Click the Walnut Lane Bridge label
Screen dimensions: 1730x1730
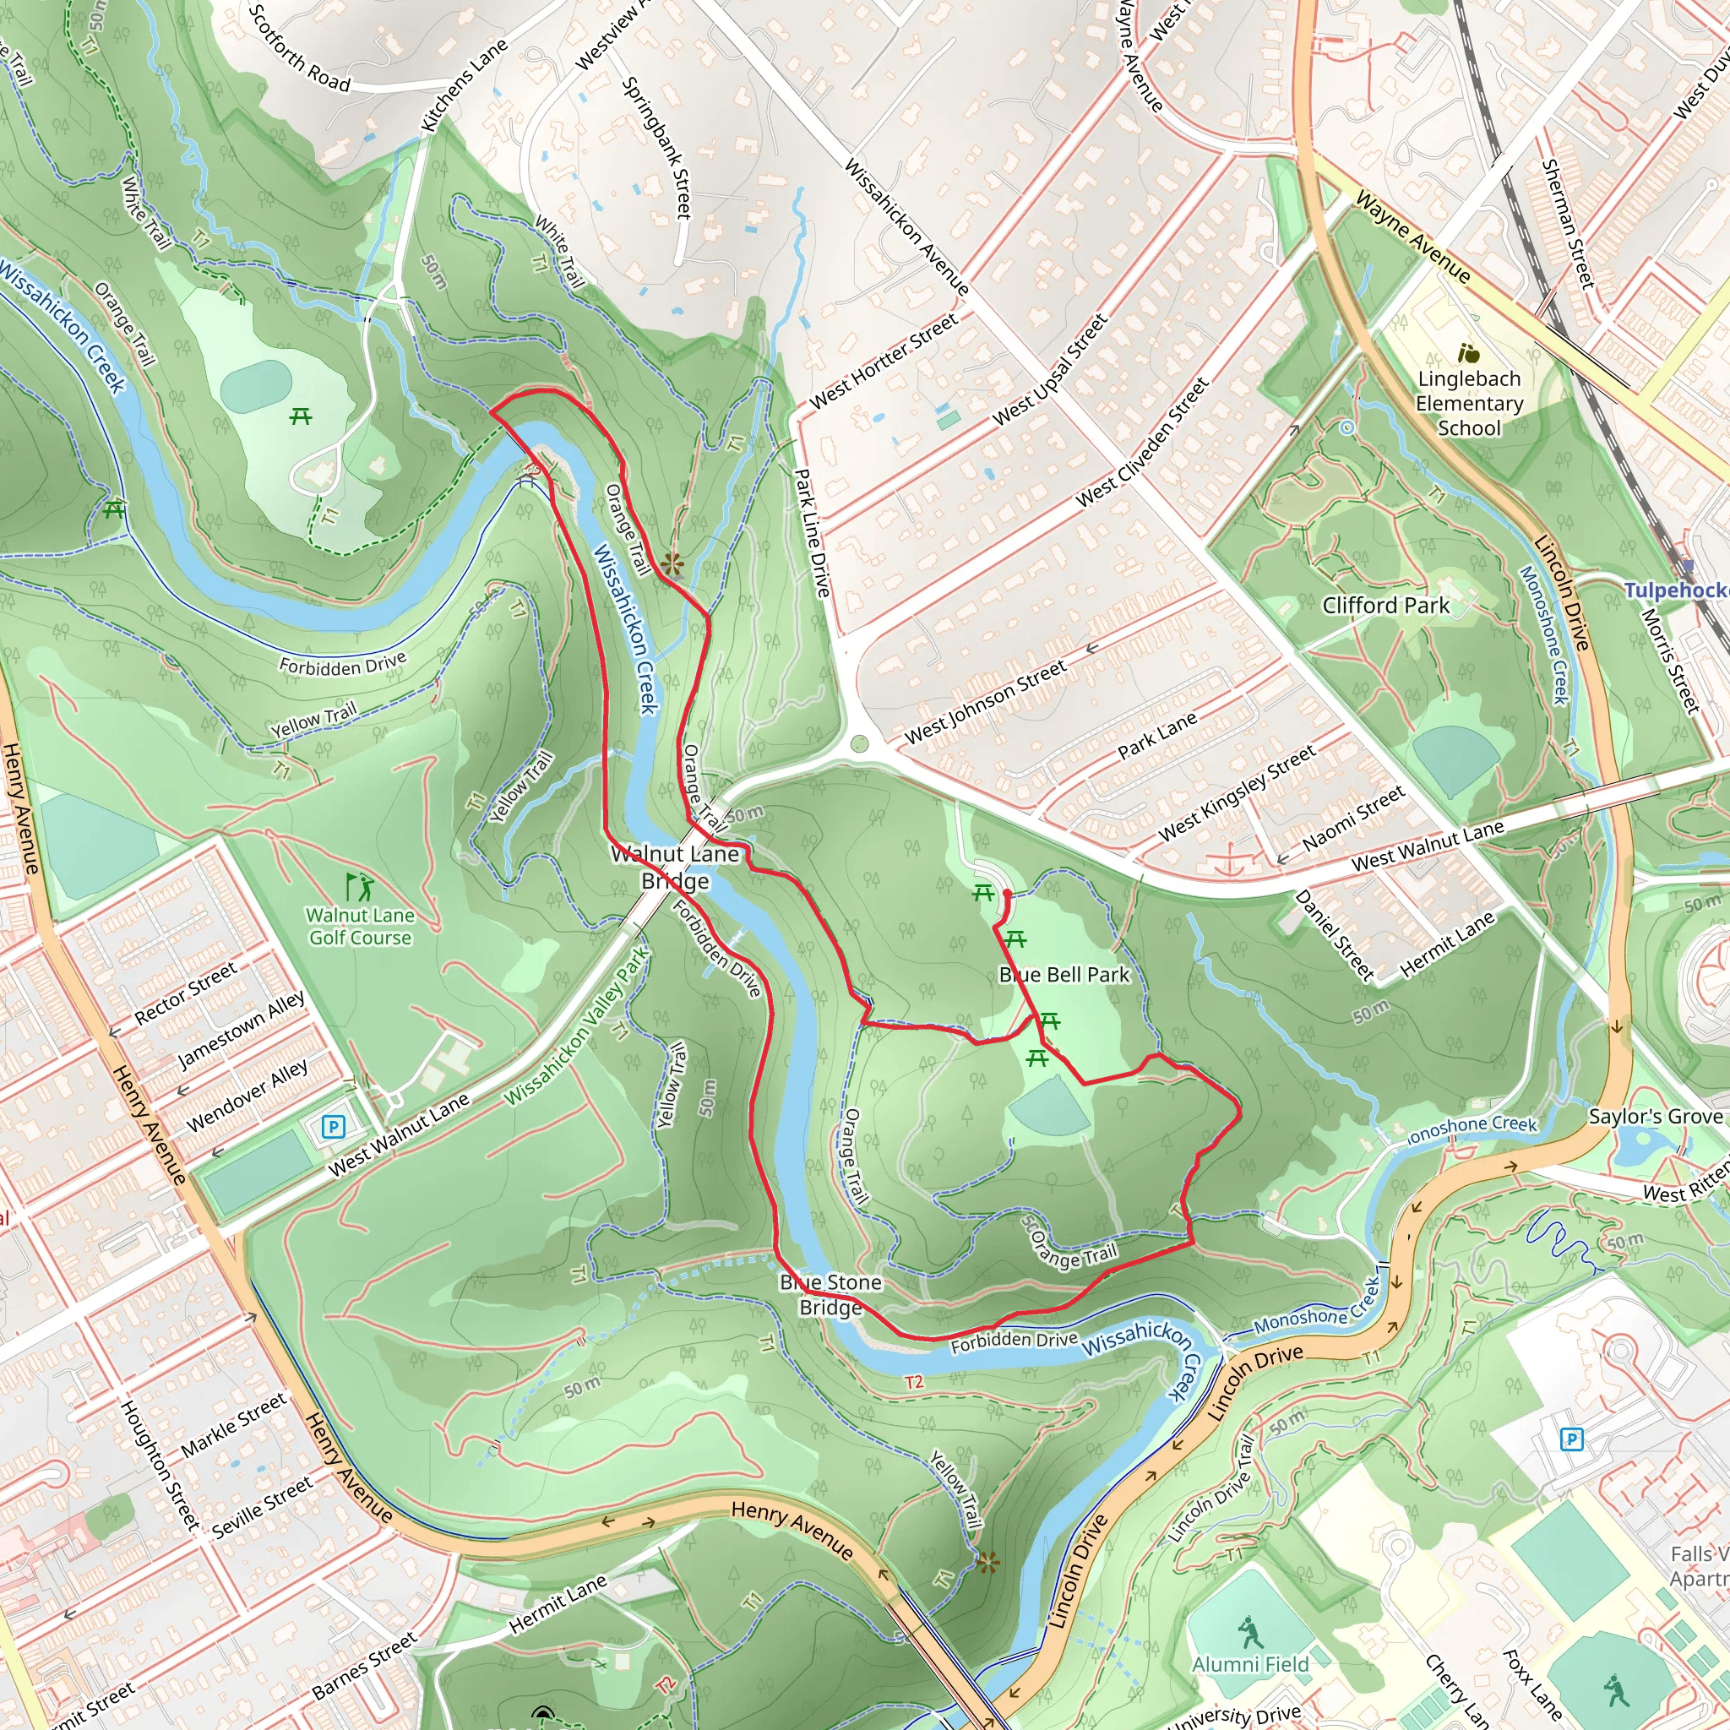pyautogui.click(x=675, y=867)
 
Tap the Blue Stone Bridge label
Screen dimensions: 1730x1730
pyautogui.click(x=830, y=1295)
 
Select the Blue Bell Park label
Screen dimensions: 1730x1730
pyautogui.click(x=1064, y=974)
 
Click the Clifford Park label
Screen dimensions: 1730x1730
pyautogui.click(x=1385, y=606)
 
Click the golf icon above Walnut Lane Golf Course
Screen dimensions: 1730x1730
pyautogui.click(x=360, y=888)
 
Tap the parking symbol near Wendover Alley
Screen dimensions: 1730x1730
pyautogui.click(x=333, y=1127)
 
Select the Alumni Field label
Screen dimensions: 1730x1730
pyautogui.click(x=1250, y=1664)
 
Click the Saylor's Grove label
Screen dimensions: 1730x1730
pyautogui.click(x=1655, y=1117)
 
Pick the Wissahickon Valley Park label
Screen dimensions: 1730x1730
pyautogui.click(x=577, y=1026)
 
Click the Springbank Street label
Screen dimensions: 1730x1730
pyautogui.click(x=657, y=148)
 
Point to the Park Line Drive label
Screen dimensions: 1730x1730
pyautogui.click(x=812, y=532)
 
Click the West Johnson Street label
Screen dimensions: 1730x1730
pyautogui.click(x=985, y=702)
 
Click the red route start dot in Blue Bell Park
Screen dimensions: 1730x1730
pyautogui.click(x=1008, y=894)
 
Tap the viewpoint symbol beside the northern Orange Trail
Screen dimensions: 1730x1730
pyautogui.click(x=673, y=563)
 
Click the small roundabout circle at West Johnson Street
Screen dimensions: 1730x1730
pyautogui.click(x=860, y=743)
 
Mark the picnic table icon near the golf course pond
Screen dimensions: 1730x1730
pyautogui.click(x=301, y=416)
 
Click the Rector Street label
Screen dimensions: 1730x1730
pyautogui.click(x=185, y=993)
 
